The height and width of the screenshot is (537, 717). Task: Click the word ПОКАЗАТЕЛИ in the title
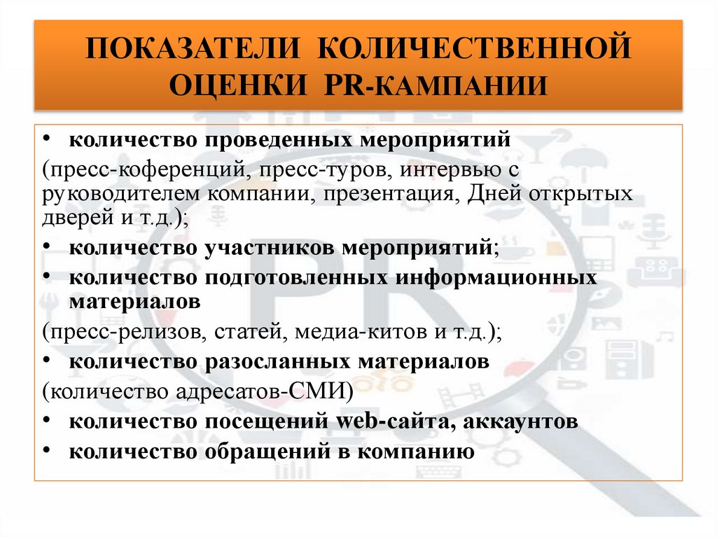(193, 53)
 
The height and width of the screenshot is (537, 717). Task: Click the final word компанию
(415, 452)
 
